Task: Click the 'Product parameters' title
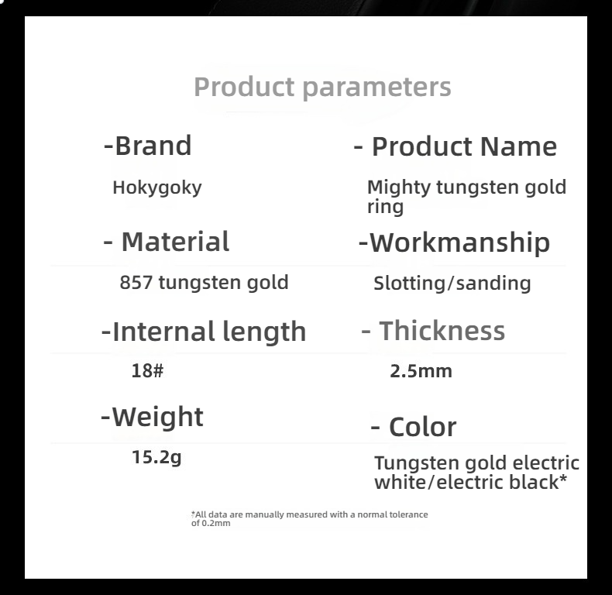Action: coord(322,88)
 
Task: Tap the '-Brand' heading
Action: coord(147,146)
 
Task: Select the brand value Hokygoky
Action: coord(157,187)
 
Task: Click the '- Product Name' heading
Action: coord(455,147)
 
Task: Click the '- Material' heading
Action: coord(167,242)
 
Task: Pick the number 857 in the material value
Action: coord(136,282)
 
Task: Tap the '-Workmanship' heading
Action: coord(454,243)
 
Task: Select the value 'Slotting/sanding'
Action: coord(452,283)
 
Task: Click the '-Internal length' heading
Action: coord(204,332)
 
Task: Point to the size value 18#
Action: coord(147,370)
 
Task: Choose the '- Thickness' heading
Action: coord(433,331)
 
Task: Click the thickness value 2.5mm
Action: coord(421,371)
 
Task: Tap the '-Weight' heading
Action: coord(152,418)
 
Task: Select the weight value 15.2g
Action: coord(156,457)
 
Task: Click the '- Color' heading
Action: coord(414,427)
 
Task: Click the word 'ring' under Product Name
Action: coord(385,207)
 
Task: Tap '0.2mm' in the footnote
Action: coord(216,523)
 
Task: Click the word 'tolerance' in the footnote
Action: coord(408,514)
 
